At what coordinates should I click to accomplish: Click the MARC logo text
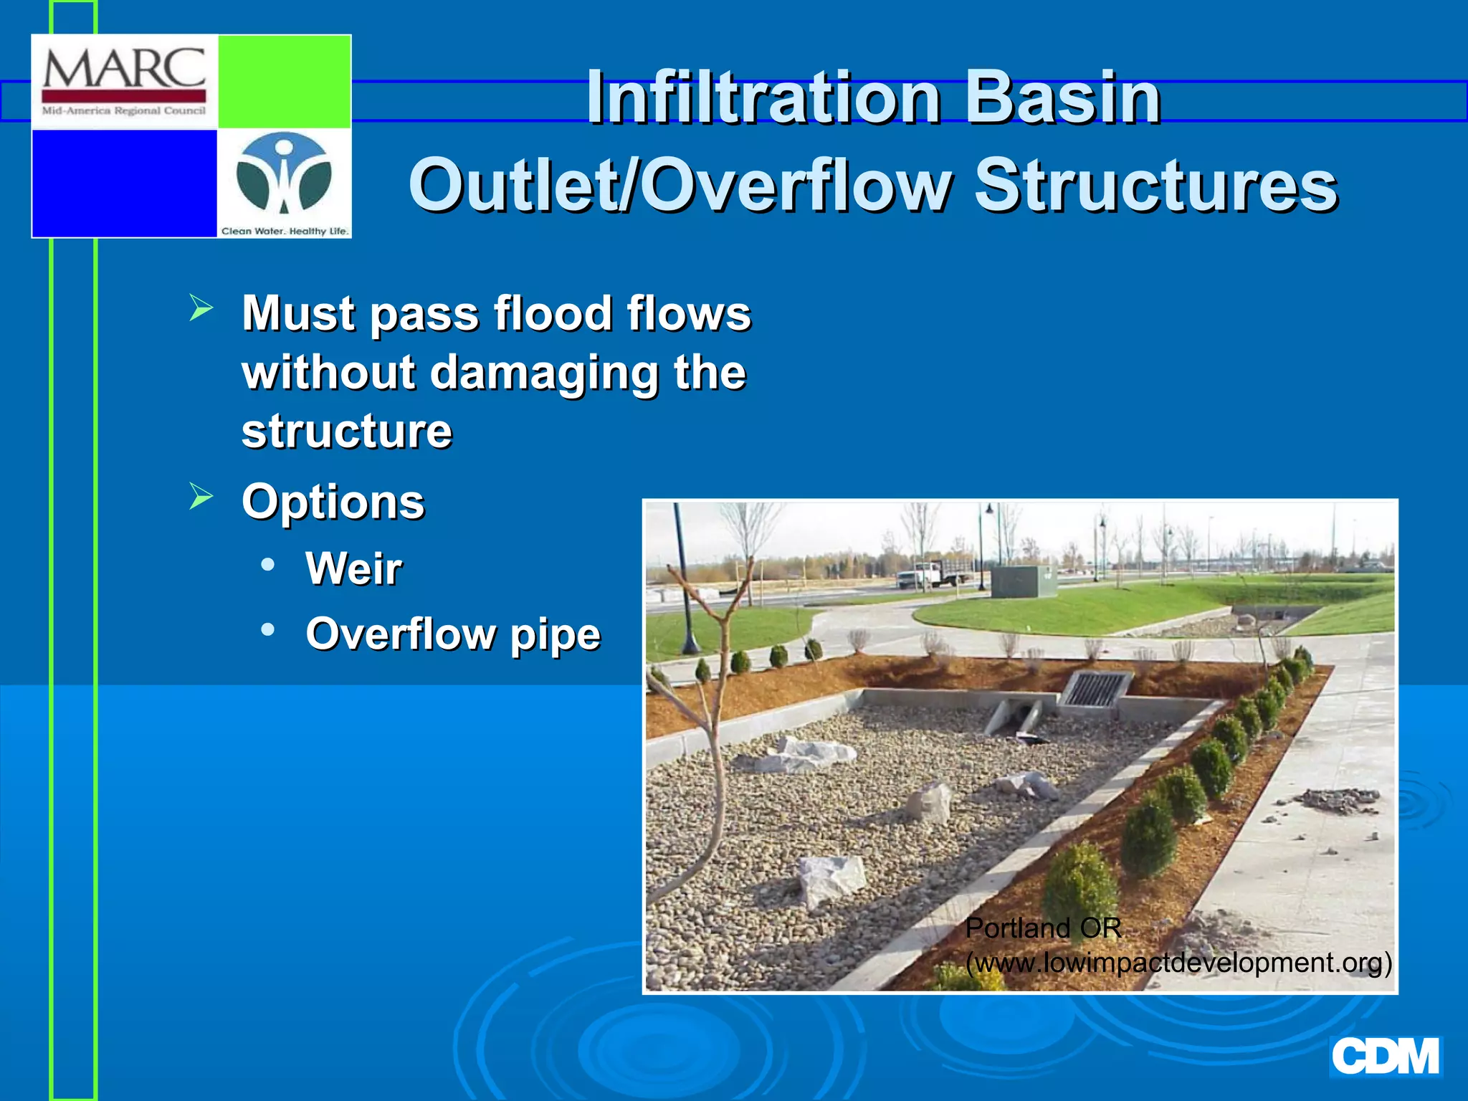point(124,68)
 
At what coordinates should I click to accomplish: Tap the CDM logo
point(1385,1057)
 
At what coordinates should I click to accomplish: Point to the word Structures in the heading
point(1155,186)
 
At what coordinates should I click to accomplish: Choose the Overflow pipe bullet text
point(452,634)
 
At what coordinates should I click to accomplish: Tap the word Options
point(333,501)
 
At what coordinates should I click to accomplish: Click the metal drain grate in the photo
point(1094,689)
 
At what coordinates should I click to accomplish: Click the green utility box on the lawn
point(1023,581)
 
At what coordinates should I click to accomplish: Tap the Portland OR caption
point(1043,928)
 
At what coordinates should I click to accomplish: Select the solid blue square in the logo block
point(125,183)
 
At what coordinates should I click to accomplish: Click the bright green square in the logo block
point(284,81)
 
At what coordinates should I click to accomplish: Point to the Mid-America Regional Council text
point(124,111)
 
